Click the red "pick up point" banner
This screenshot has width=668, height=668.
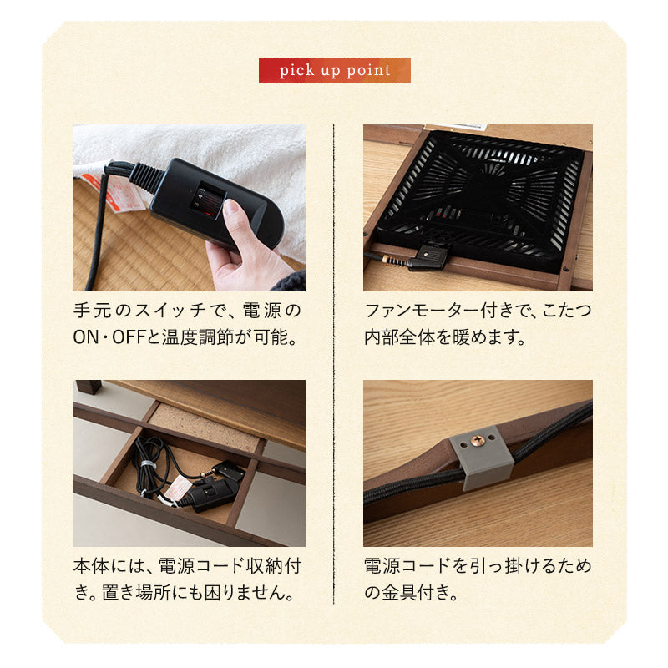tap(334, 70)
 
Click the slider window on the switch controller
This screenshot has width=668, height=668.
tap(209, 201)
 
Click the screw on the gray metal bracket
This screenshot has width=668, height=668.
tap(478, 440)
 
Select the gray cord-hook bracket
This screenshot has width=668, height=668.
tap(481, 459)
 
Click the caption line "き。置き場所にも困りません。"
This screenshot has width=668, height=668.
tap(184, 595)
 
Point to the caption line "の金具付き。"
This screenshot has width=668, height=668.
tap(410, 595)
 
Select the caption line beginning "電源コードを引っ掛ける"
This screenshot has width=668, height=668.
tap(478, 566)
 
